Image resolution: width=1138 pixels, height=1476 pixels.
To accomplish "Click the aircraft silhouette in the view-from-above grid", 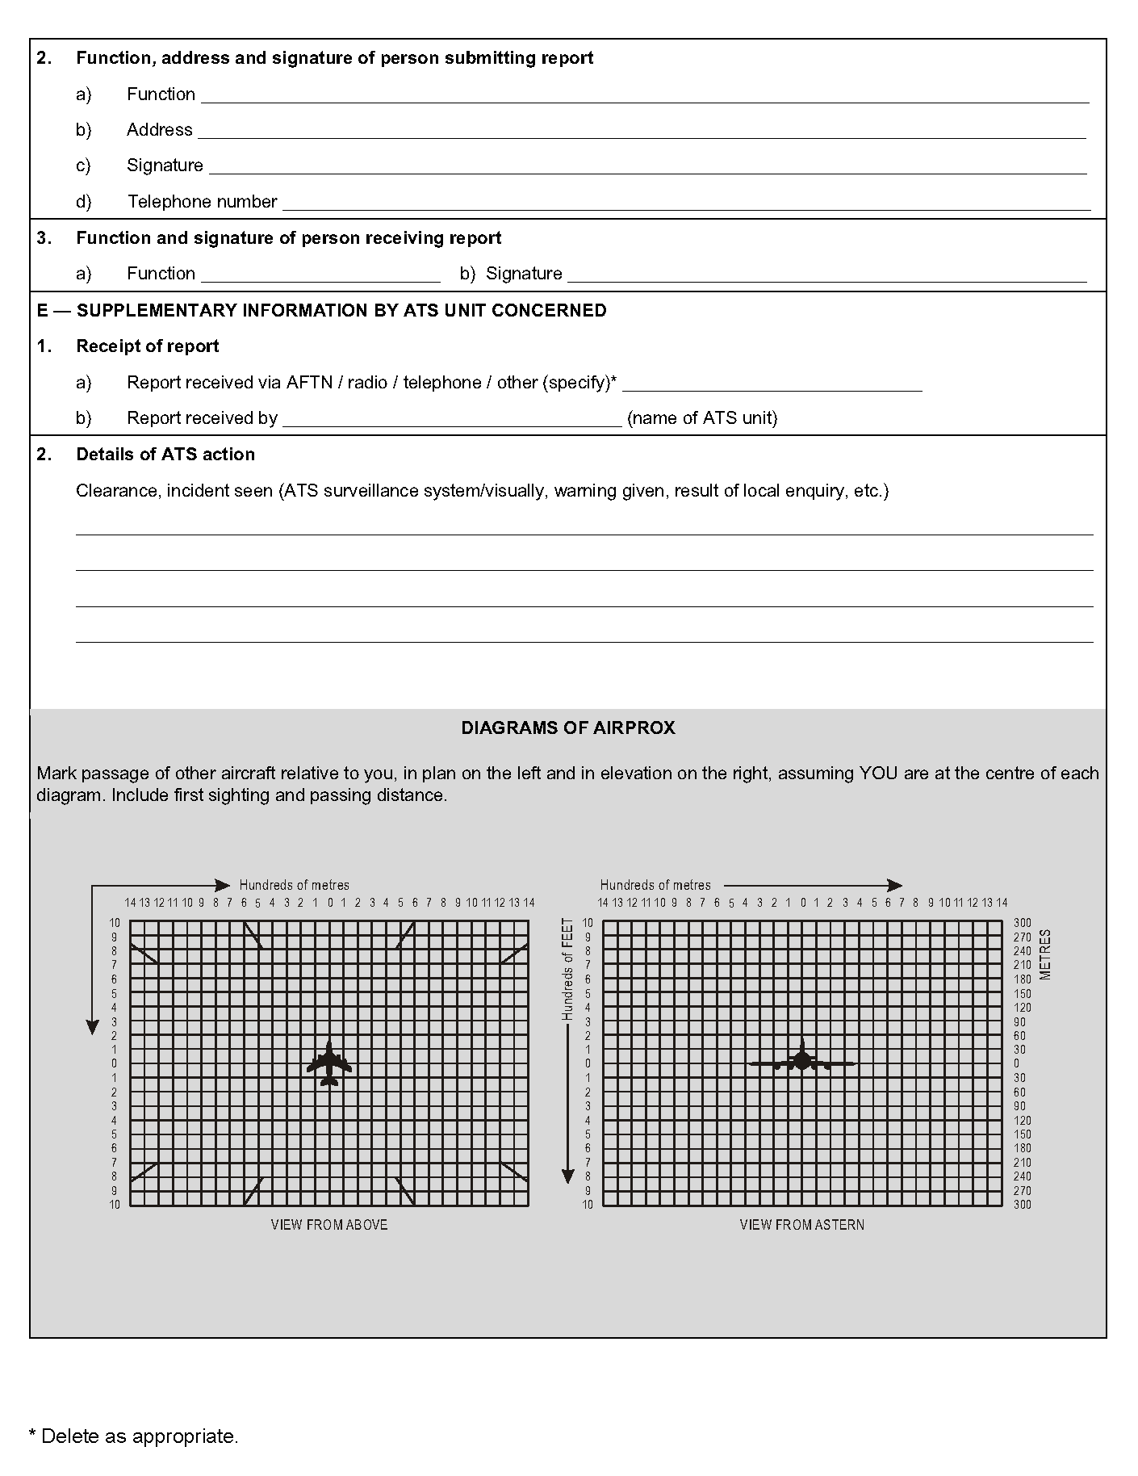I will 329,1064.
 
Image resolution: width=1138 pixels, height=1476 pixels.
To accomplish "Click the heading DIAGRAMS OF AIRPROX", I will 568,728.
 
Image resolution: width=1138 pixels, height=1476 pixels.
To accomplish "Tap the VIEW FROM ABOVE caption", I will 329,1225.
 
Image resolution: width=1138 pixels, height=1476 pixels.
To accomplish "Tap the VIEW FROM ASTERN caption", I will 801,1225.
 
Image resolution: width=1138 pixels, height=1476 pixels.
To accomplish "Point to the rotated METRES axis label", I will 1045,954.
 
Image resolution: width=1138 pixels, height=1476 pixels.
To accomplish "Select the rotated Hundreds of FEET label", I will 568,969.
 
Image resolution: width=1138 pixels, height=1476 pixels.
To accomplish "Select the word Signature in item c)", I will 165,166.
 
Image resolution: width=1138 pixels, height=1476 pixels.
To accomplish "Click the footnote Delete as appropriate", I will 134,1436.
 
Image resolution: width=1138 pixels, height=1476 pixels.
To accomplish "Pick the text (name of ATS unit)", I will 702,418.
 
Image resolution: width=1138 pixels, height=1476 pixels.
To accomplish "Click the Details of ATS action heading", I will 165,455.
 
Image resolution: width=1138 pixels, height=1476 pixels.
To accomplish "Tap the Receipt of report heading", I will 148,346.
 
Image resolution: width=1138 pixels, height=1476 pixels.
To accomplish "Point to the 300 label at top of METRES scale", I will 1023,923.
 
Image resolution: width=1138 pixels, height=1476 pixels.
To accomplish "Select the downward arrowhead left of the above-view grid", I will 93,1026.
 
